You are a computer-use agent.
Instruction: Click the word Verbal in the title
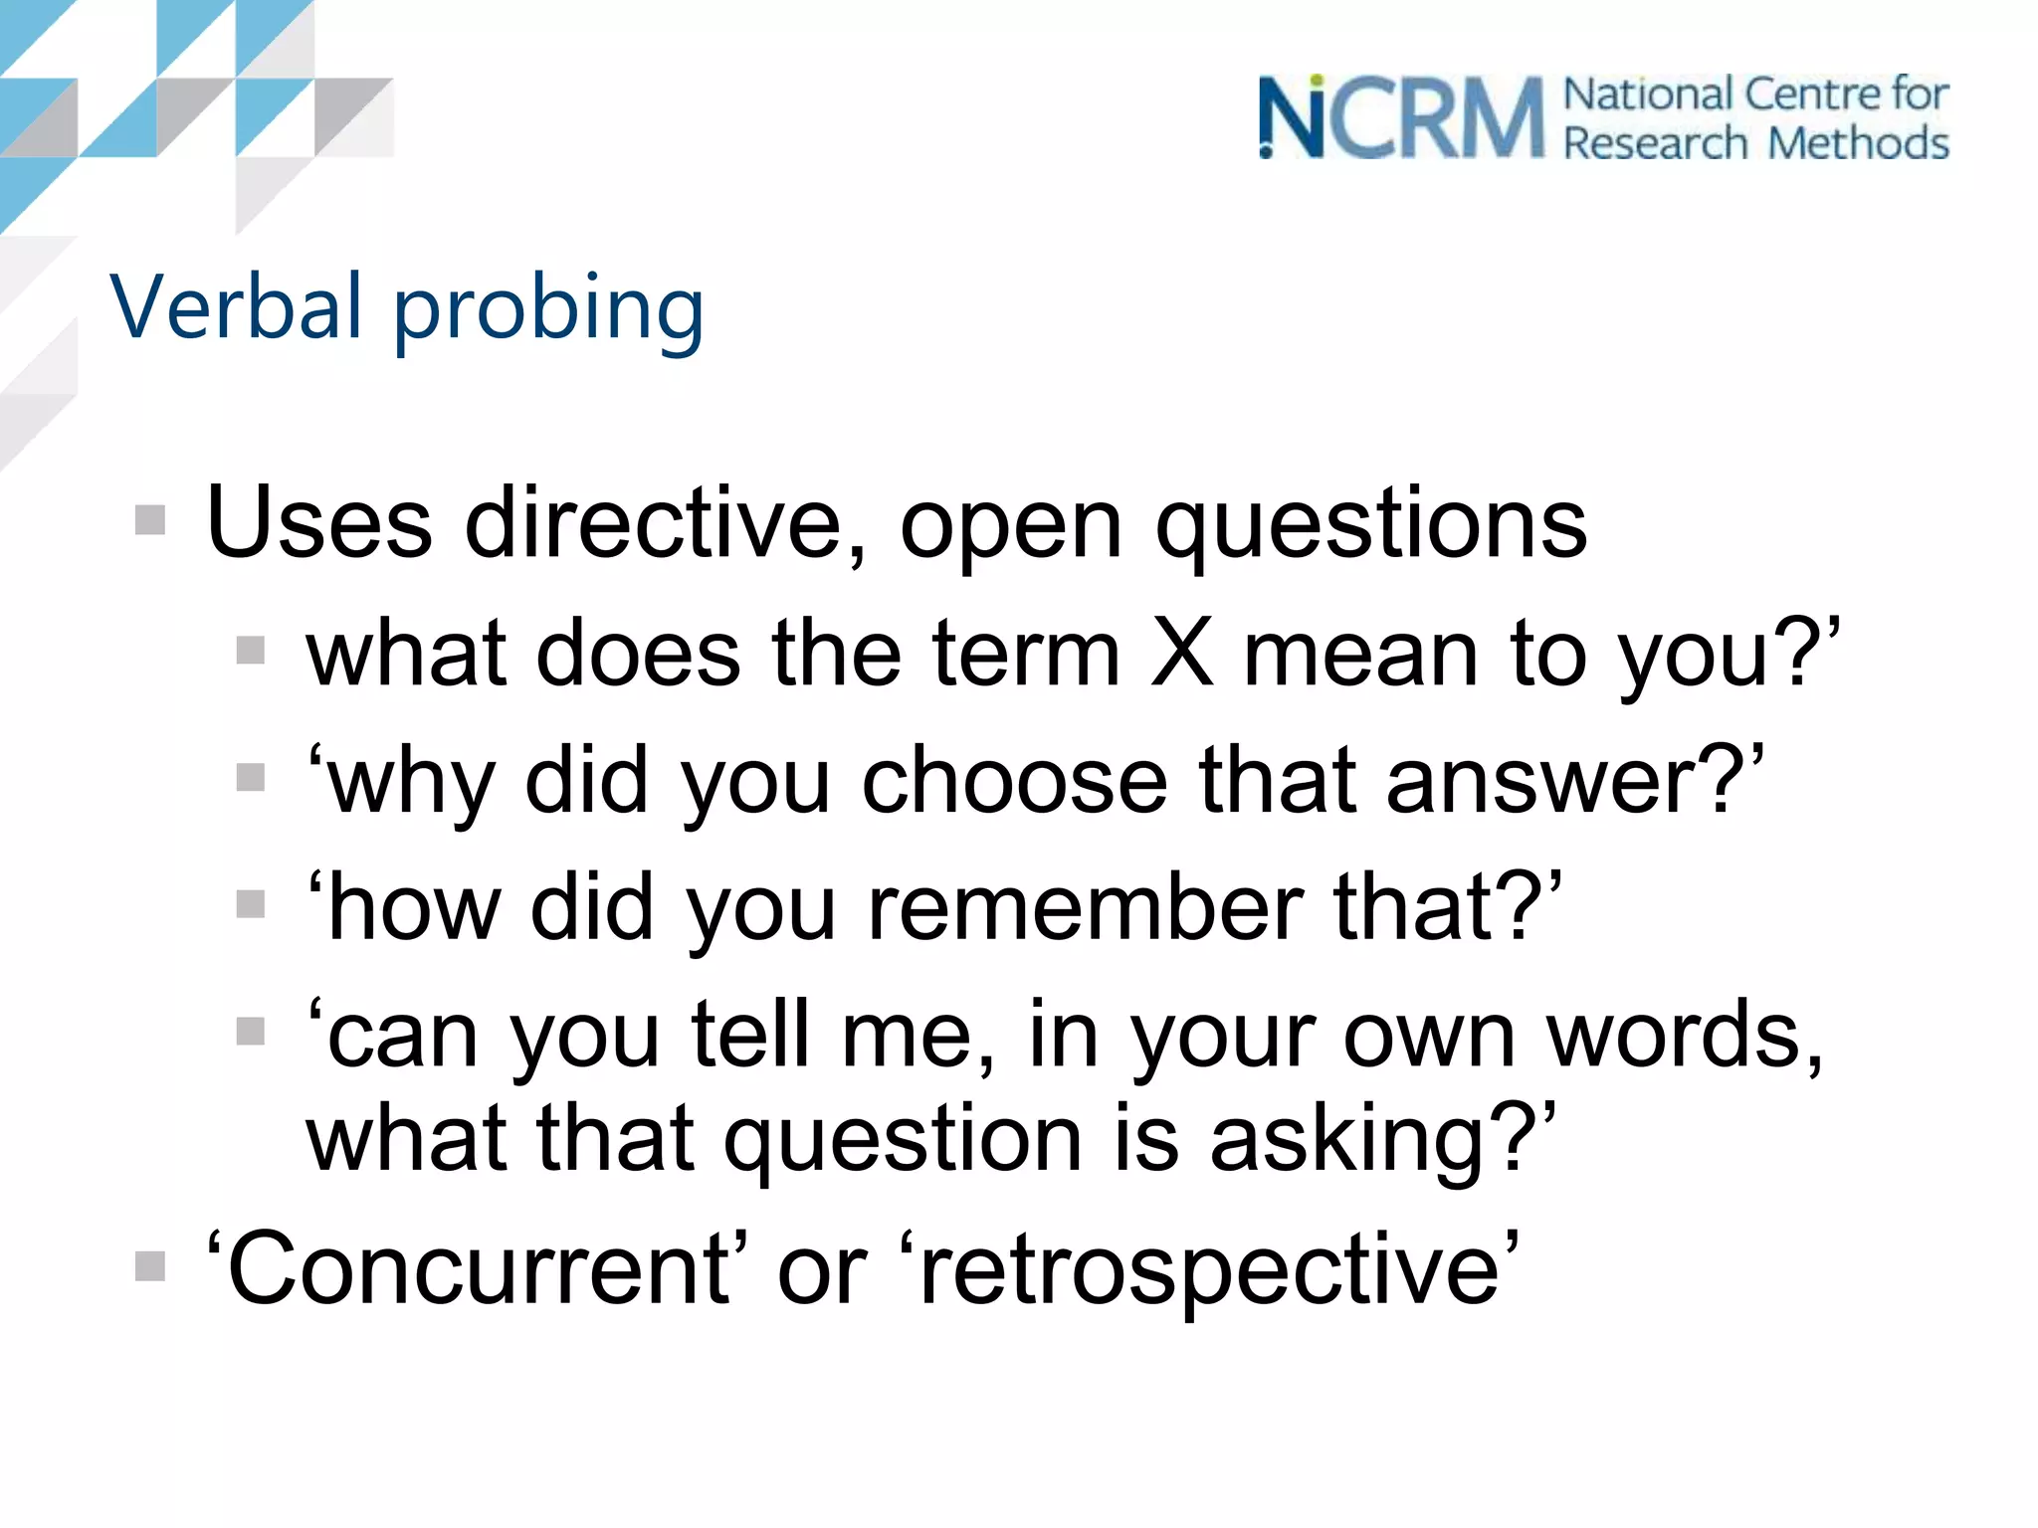[x=236, y=306]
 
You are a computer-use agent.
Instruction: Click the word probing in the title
[x=549, y=310]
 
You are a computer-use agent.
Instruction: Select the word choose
[x=1014, y=781]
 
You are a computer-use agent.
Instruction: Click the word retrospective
[x=1209, y=1271]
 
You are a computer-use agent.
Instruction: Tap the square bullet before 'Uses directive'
[x=150, y=519]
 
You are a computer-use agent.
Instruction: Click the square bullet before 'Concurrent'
[x=150, y=1266]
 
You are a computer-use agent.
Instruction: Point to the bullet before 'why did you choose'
[x=251, y=777]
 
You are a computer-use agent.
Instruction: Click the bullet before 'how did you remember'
[x=251, y=904]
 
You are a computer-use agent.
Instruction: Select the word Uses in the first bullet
[x=318, y=523]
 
